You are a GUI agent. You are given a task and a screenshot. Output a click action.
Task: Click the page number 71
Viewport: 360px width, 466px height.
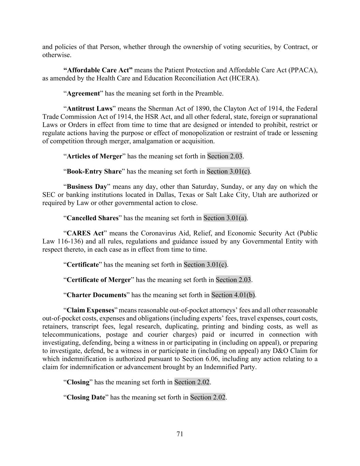tap(180, 434)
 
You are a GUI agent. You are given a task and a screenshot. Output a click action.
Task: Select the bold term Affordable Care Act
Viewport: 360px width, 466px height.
tap(98, 70)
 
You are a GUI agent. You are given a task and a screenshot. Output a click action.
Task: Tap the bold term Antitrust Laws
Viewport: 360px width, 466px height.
tap(89, 109)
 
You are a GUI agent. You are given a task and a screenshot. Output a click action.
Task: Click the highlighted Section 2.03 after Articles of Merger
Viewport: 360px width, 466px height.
tap(225, 156)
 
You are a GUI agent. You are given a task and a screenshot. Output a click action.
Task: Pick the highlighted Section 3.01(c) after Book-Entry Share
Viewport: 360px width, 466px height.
tap(228, 171)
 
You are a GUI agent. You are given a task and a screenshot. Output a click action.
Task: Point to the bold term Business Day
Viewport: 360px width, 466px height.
tap(87, 187)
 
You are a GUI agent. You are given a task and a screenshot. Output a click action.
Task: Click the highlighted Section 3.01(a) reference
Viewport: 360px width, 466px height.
tap(225, 218)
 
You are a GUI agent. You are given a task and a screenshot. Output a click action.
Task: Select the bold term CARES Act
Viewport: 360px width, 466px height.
tap(85, 234)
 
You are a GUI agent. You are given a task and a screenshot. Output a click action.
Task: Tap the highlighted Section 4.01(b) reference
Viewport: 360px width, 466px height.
tap(233, 295)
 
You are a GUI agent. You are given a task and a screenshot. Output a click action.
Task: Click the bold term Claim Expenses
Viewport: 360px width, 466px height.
tap(90, 310)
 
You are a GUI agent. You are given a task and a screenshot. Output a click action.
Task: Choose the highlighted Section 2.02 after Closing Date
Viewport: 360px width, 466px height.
tap(207, 397)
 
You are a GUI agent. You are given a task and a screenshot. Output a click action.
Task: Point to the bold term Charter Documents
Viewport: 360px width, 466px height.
tap(97, 295)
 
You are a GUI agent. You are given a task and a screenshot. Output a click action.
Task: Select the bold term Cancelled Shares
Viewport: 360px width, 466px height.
tap(92, 218)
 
